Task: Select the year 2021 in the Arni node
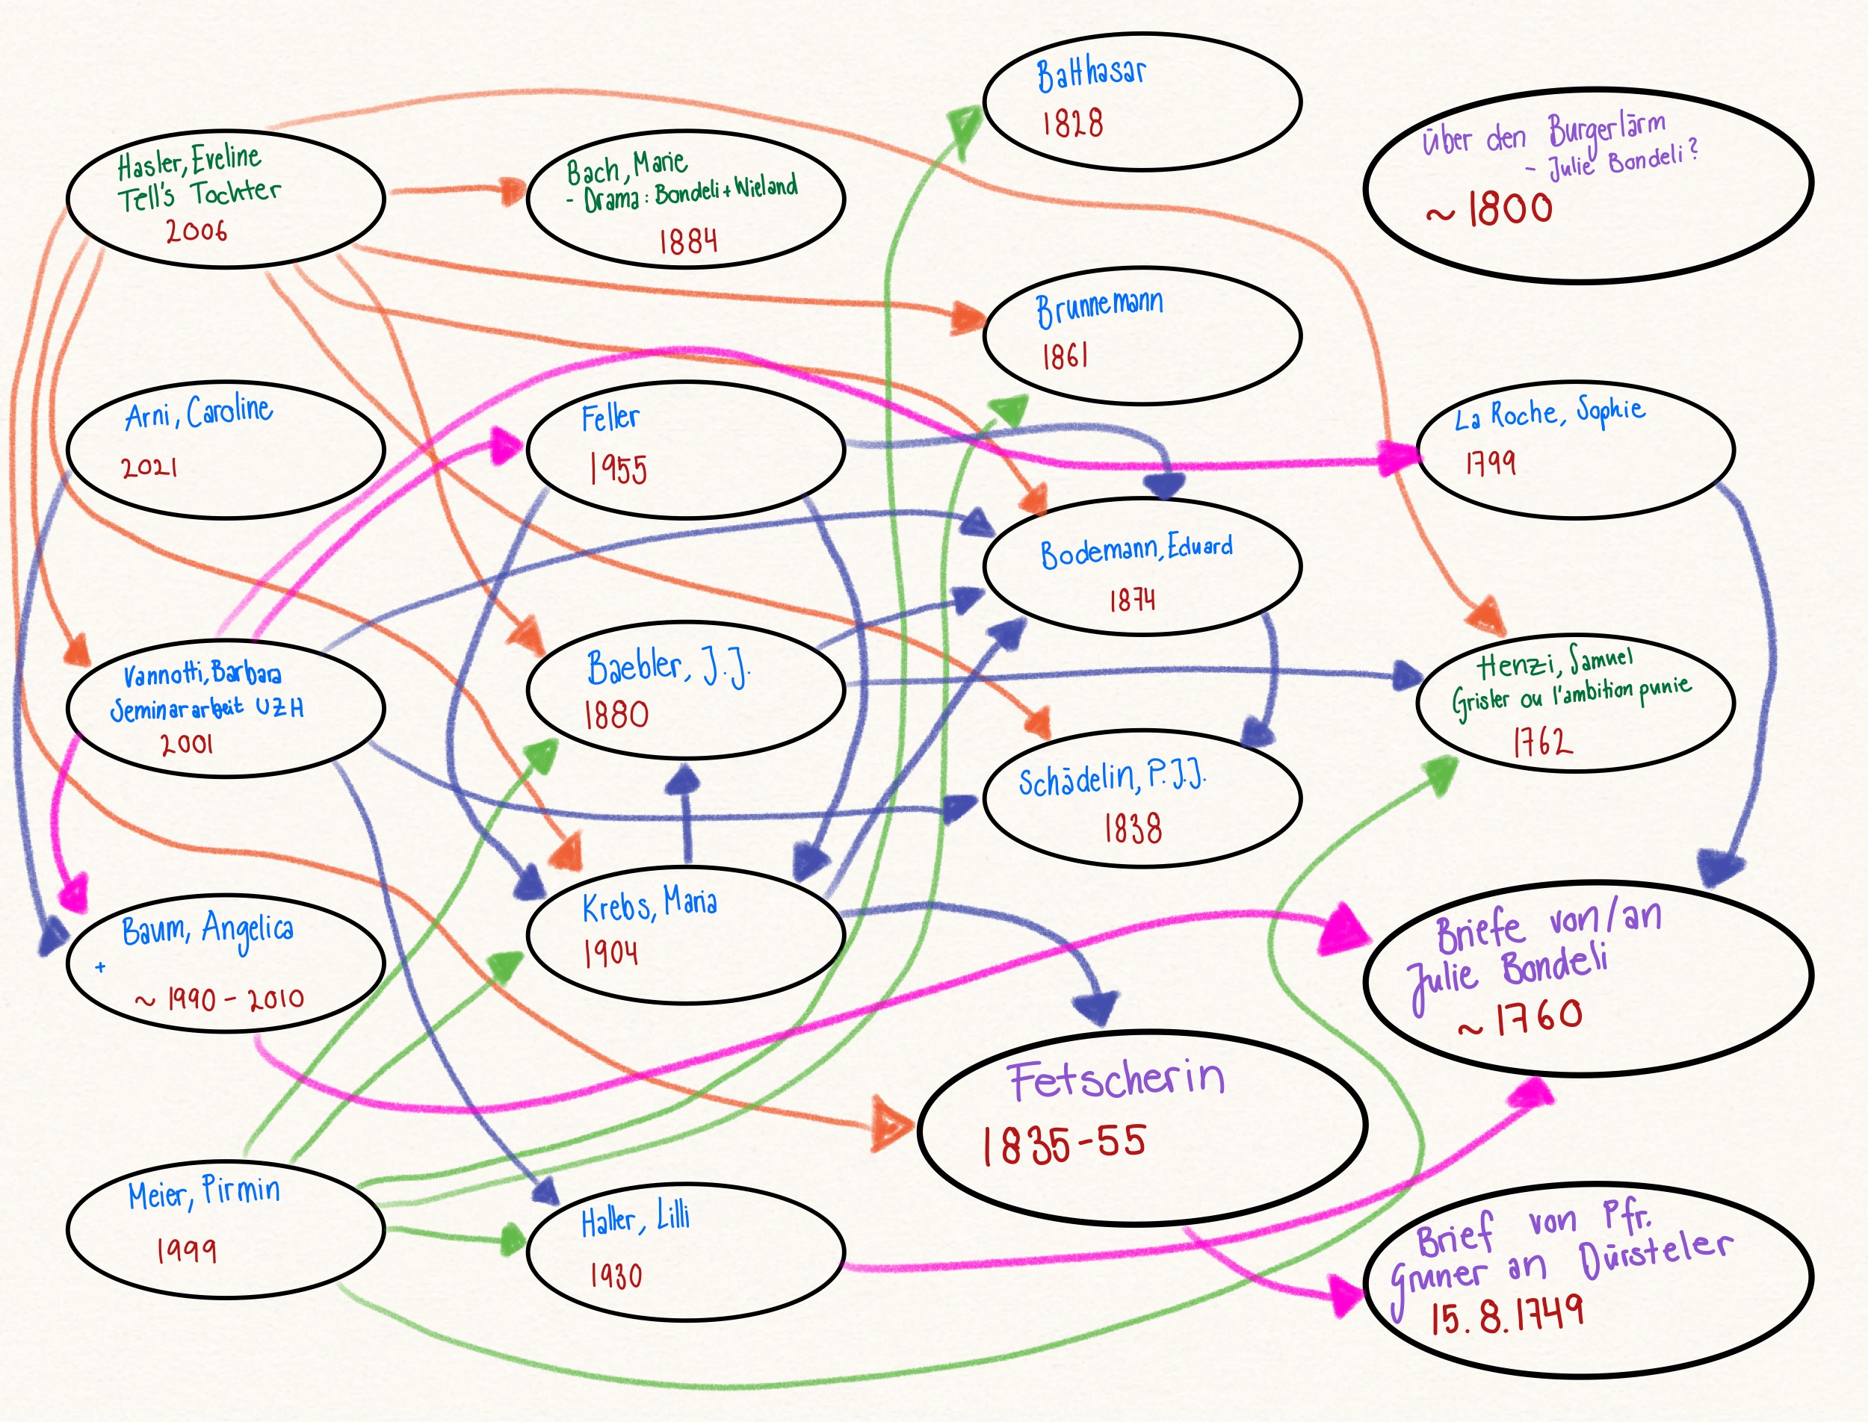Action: tap(149, 466)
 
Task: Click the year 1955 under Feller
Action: tap(618, 468)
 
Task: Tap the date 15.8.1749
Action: tap(1506, 1314)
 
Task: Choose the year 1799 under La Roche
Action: tap(1491, 462)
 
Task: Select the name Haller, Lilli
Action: tap(635, 1219)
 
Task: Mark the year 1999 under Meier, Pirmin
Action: tap(186, 1249)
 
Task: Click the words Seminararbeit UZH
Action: tap(207, 707)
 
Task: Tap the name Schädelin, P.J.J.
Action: tap(1111, 778)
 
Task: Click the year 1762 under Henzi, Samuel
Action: tap(1543, 742)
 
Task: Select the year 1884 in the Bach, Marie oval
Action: tap(687, 241)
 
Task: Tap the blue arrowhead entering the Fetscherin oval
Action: tap(1095, 1009)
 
